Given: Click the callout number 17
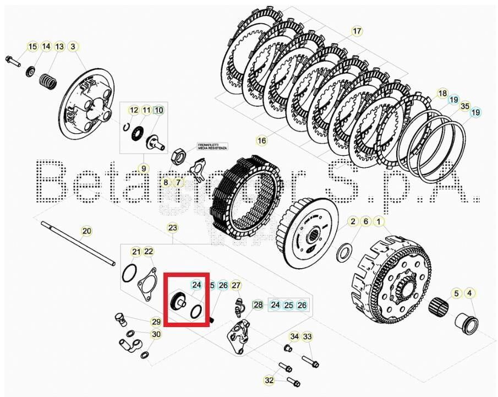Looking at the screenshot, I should (x=357, y=31).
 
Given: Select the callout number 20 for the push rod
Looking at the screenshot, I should (x=86, y=231).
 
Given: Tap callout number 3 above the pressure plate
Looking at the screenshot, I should (x=73, y=47).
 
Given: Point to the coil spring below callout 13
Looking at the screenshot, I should (x=49, y=80).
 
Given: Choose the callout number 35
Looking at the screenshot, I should (x=464, y=106).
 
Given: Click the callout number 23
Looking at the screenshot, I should (x=172, y=227).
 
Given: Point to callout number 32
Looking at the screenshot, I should (x=269, y=380).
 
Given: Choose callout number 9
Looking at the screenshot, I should (x=143, y=168).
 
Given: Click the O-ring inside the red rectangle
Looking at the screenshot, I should (x=196, y=312).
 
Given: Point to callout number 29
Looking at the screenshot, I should (x=156, y=322).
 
